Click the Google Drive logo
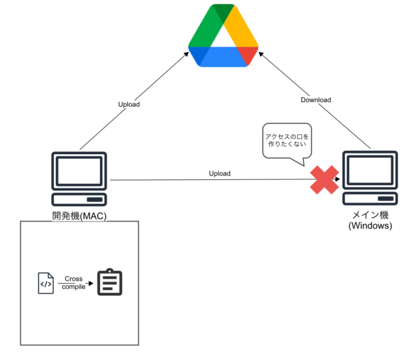(223, 36)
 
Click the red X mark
(324, 179)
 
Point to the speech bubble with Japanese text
(287, 140)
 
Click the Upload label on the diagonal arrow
(129, 104)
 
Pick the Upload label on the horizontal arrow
(219, 174)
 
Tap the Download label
(316, 99)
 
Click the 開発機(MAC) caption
(79, 216)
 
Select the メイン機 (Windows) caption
(370, 221)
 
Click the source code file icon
(45, 283)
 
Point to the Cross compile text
(73, 283)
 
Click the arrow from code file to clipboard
(78, 283)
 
